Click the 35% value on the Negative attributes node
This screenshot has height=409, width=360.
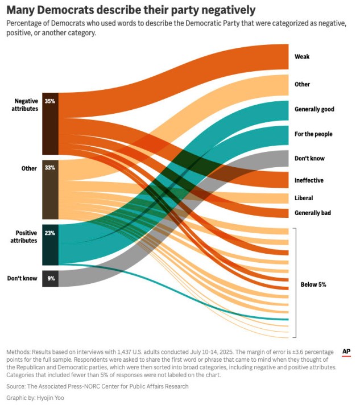coord(49,101)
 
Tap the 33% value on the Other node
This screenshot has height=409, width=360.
coord(49,168)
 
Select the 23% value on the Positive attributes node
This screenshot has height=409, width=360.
coord(49,233)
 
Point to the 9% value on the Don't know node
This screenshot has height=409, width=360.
coord(49,279)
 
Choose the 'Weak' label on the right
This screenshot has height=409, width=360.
coord(302,57)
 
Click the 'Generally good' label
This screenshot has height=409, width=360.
coord(314,109)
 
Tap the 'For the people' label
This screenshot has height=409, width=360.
coord(313,134)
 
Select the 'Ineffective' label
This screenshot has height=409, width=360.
coord(309,180)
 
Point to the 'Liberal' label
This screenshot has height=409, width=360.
coord(304,198)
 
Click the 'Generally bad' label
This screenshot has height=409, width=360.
coord(313,213)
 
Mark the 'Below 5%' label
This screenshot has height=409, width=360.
coord(313,284)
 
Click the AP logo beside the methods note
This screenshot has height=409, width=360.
coord(346,352)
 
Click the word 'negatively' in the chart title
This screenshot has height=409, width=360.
coord(222,10)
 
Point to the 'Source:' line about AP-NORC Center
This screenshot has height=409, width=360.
coord(97,387)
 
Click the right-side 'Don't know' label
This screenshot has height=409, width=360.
coord(309,158)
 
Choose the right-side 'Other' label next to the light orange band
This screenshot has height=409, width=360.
coord(302,84)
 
